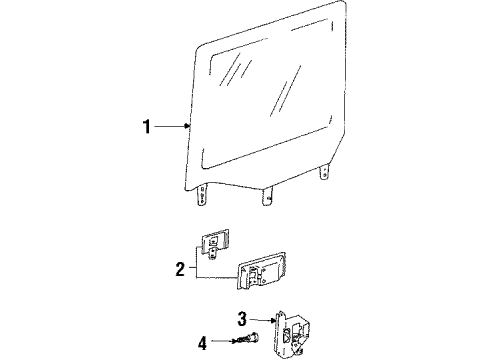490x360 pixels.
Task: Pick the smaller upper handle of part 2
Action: click(x=217, y=243)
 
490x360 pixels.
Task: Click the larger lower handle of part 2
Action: click(x=266, y=273)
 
